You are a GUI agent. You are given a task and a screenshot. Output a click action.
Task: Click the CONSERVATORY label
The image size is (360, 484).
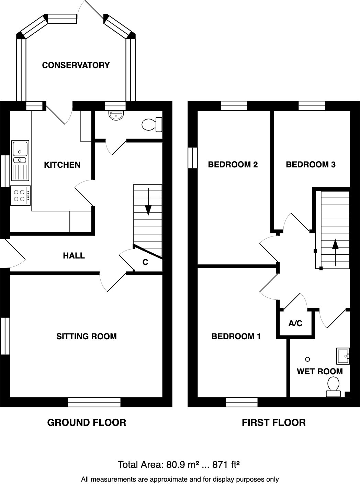[x=76, y=65]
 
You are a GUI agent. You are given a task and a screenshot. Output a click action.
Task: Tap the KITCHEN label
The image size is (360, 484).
[x=62, y=165]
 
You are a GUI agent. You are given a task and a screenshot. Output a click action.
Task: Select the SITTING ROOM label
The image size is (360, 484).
[x=87, y=336]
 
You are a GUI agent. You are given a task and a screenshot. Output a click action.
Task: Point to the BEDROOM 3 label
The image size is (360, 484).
[x=311, y=165]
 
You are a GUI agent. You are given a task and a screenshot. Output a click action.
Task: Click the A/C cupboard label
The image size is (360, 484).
[x=295, y=323]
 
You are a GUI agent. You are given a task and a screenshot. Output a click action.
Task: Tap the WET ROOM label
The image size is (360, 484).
[x=319, y=372]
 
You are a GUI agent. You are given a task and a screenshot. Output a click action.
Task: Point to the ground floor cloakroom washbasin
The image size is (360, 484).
[x=117, y=115]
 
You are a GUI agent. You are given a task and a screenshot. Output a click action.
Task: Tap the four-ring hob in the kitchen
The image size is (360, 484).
[x=20, y=196]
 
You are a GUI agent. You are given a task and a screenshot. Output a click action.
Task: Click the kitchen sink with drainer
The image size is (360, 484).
[x=20, y=160]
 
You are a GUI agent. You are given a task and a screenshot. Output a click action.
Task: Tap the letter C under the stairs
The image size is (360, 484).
[x=145, y=262]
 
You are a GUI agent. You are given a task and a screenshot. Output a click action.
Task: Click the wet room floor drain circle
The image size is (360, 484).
[x=308, y=359]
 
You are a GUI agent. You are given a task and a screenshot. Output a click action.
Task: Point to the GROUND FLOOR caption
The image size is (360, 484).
[x=87, y=422]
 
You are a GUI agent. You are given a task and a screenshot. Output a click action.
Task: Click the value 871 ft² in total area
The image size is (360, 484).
[x=226, y=465]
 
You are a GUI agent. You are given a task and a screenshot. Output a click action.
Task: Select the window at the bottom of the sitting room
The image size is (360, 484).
[x=94, y=402]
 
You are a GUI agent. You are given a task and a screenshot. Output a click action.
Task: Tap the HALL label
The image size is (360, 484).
[x=74, y=256]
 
